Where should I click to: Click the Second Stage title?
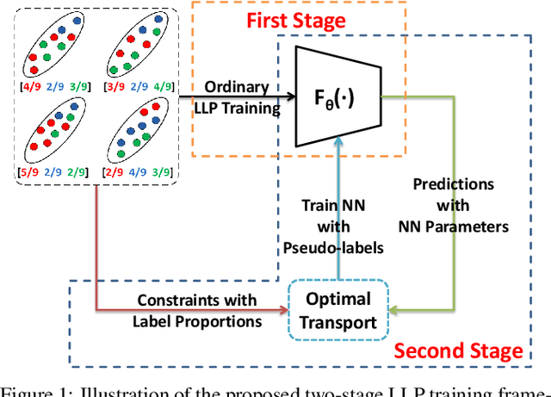tap(458, 350)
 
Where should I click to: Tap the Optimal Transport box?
tap(337, 311)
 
